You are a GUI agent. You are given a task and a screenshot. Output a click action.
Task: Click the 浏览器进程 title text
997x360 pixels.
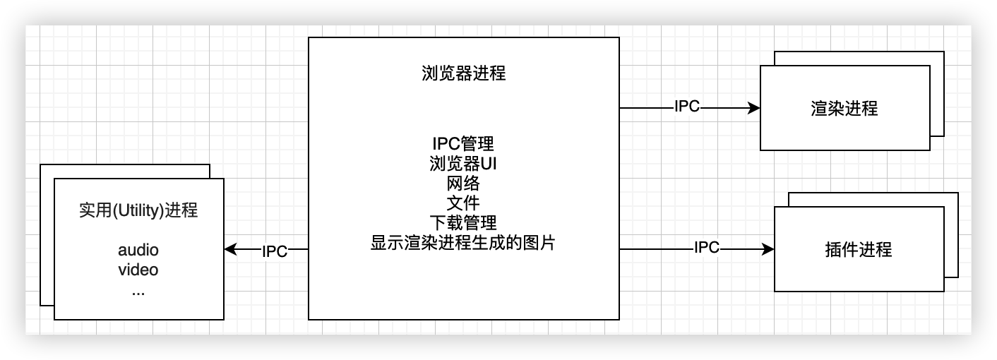point(462,73)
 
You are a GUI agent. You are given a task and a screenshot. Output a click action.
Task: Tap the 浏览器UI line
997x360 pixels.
point(462,164)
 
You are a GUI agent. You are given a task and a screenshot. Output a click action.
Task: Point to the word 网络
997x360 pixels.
point(462,184)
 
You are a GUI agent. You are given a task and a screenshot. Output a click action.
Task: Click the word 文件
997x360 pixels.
point(462,203)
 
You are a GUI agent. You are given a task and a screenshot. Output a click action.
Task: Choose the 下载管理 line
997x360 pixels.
point(462,223)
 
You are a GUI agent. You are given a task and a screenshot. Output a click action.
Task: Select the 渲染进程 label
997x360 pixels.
point(844,109)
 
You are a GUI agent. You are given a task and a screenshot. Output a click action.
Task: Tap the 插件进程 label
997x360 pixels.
point(859,249)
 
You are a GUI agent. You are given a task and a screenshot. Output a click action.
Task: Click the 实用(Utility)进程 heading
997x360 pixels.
point(138,211)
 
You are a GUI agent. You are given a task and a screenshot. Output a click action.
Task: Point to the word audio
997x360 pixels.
point(138,250)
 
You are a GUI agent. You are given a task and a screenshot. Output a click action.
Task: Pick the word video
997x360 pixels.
point(138,270)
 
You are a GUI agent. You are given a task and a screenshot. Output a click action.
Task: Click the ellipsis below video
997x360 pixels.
point(138,290)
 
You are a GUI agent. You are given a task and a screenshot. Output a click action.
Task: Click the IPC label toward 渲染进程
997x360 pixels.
point(686,107)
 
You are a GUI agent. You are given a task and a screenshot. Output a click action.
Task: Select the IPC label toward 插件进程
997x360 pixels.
point(706,247)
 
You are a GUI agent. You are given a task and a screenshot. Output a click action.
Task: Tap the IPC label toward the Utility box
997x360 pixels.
point(275,251)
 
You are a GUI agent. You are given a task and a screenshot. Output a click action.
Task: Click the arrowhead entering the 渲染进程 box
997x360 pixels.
point(755,108)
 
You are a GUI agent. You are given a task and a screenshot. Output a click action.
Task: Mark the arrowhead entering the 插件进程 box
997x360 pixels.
point(769,249)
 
